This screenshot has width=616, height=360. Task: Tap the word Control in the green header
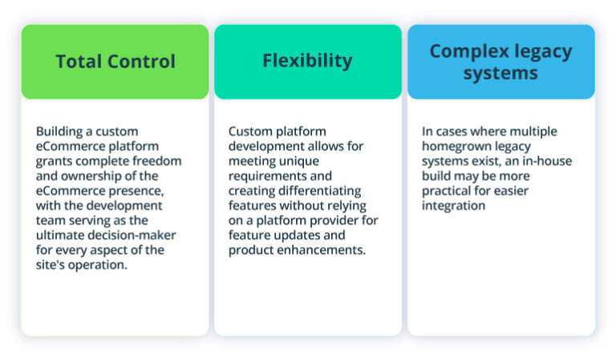point(140,62)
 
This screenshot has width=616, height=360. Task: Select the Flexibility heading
point(307,61)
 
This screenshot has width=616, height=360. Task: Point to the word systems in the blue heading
point(500,73)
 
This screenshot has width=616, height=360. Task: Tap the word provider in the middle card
point(353,220)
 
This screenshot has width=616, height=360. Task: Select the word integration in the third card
point(453,205)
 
